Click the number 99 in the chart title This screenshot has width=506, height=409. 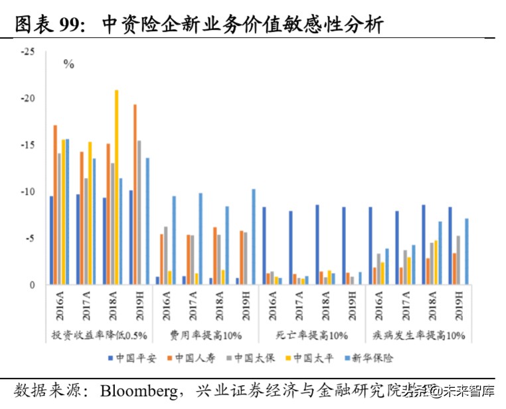click(75, 25)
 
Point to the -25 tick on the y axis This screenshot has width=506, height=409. click(28, 52)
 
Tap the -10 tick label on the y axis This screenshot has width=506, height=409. click(28, 192)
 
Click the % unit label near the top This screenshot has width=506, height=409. click(68, 64)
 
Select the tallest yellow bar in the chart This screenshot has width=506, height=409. click(117, 187)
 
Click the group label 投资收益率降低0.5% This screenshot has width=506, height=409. click(99, 334)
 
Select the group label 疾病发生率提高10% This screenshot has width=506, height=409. click(418, 334)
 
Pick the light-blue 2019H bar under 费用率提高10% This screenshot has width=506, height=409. click(254, 237)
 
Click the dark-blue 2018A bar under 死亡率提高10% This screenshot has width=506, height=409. click(317, 244)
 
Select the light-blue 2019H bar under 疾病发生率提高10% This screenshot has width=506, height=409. click(467, 252)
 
